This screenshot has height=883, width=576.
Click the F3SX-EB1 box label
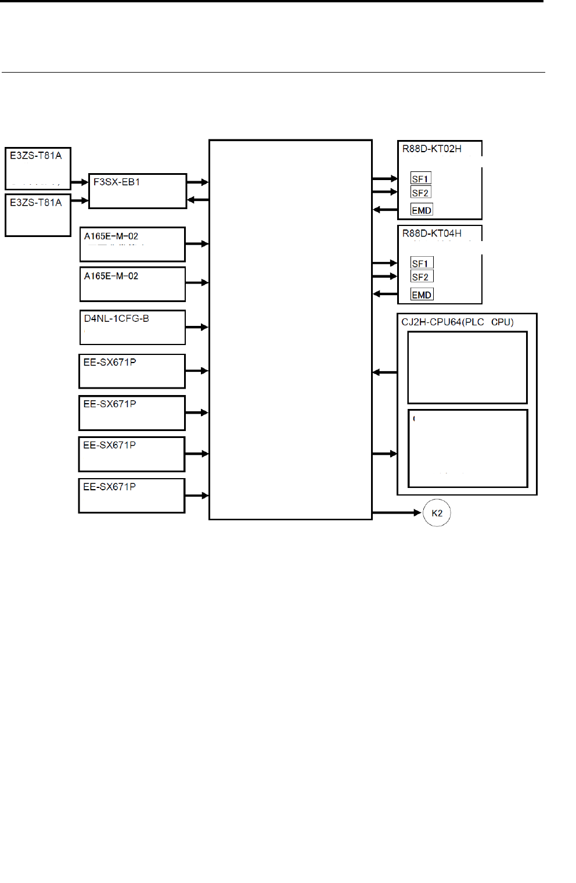point(117,182)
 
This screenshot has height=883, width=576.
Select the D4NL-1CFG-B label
point(116,318)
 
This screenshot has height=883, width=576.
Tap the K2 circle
point(437,513)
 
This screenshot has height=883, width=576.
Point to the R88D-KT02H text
point(431,149)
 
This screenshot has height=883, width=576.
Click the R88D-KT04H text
point(431,234)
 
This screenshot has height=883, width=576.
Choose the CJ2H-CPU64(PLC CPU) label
point(457,322)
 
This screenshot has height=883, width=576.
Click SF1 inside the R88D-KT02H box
point(420,179)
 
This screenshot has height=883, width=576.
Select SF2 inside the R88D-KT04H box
point(420,277)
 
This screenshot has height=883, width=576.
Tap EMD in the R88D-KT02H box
point(422,210)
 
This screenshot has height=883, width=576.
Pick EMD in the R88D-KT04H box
point(422,295)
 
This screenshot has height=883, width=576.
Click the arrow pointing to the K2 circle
point(397,512)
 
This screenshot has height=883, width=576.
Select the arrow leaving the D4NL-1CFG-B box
point(197,327)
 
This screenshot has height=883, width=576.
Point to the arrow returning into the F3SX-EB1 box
point(197,200)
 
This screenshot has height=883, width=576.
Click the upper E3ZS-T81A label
point(35,156)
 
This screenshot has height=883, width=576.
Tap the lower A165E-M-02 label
point(111,276)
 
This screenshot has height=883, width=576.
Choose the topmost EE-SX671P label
point(110,362)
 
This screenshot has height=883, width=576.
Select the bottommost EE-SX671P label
point(109,487)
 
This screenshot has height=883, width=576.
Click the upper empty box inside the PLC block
point(467,367)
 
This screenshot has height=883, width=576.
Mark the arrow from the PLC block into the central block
point(384,372)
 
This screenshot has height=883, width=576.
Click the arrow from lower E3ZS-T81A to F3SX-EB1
point(80,200)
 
